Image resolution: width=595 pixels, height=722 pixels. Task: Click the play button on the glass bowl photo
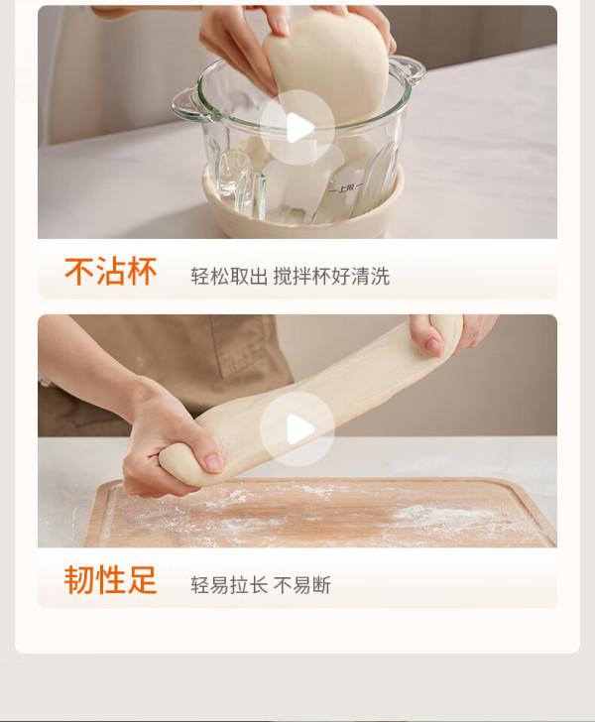coord(297,128)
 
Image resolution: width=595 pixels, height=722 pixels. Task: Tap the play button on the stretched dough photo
coord(297,428)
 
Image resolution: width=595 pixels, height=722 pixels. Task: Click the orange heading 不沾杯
coord(110,271)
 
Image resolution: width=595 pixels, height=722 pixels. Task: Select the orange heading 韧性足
coord(110,580)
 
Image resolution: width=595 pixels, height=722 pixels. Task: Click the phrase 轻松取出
coord(229,277)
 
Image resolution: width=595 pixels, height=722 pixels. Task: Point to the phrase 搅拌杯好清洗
coord(331,277)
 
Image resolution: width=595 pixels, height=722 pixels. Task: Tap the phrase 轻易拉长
coord(229,585)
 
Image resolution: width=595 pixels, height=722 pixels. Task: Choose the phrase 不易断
coord(302,585)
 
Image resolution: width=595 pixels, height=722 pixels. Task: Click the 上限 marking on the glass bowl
coord(345,187)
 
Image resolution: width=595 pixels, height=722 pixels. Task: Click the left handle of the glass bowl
coord(187,105)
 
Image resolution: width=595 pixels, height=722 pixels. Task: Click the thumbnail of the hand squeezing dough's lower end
coord(213,462)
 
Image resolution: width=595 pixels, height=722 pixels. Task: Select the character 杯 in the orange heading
coord(142,271)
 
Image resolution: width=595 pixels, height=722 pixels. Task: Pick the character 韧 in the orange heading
coord(79,580)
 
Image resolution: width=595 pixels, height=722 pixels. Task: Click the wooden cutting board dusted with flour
coord(320,513)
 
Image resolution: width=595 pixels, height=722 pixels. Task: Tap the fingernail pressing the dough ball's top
coord(282,27)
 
